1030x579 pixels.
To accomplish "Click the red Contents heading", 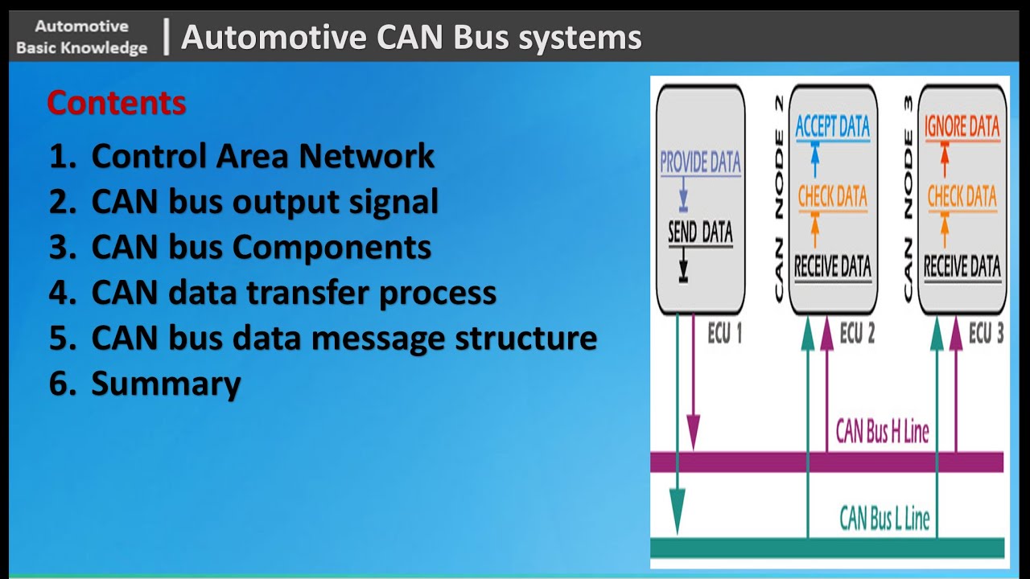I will click(117, 103).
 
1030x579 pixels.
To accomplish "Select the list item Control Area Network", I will click(262, 156).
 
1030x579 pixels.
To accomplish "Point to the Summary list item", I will click(166, 384).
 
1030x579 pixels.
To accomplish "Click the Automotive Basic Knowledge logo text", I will click(81, 38).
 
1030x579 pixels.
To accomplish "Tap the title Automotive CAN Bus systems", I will click(411, 38).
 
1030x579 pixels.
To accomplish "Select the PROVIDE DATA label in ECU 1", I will click(700, 162).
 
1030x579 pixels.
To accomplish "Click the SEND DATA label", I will click(700, 233).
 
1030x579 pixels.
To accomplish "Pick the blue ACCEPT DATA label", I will click(832, 126).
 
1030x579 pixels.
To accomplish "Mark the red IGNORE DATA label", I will click(962, 126).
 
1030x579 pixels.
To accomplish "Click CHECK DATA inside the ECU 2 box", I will click(832, 196).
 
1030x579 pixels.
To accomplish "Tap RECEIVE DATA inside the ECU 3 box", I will click(962, 266).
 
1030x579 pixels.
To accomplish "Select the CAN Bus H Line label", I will click(882, 432).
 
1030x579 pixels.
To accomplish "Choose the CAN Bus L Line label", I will click(884, 518).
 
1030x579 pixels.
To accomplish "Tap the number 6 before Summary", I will click(59, 384).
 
